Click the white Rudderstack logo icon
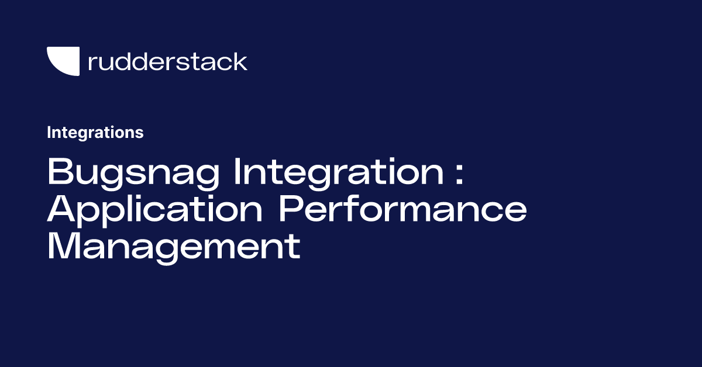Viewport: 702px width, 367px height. click(63, 61)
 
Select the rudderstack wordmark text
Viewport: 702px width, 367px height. click(167, 61)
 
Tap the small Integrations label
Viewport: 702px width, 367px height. click(95, 133)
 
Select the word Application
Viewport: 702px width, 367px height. click(155, 210)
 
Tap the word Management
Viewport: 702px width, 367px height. click(174, 247)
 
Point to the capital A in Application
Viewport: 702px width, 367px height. click(61, 209)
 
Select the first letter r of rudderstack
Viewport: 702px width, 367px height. click(91, 63)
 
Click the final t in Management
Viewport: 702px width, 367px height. click(294, 246)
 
